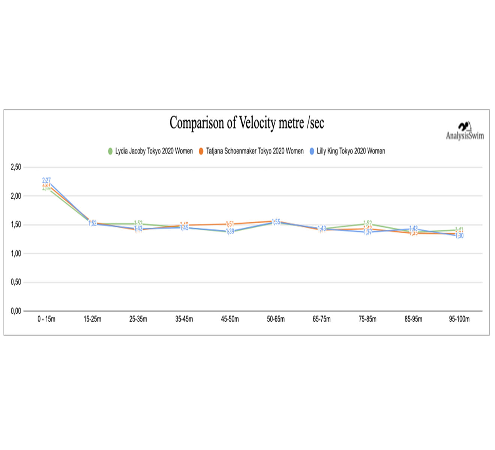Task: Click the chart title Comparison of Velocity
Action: pos(246,123)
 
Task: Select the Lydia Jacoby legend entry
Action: pos(150,151)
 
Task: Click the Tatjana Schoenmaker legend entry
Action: pos(251,151)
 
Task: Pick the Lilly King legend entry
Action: pos(347,151)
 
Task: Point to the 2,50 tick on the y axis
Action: pos(16,167)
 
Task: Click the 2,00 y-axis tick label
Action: pos(16,196)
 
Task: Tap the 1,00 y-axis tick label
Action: pos(16,253)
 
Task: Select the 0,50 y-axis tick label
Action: pos(16,282)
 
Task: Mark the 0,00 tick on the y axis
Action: pos(16,311)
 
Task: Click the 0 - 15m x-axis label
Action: pos(46,319)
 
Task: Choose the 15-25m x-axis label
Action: pos(92,319)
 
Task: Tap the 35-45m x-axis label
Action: pos(184,319)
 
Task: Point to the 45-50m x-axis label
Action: pos(230,319)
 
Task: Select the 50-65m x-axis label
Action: pos(276,319)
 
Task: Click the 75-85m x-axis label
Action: pos(367,319)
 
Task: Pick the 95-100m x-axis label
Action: pos(459,319)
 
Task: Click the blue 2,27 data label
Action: pos(46,180)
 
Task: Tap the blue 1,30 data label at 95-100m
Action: pos(459,236)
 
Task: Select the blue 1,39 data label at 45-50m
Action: pos(230,232)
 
